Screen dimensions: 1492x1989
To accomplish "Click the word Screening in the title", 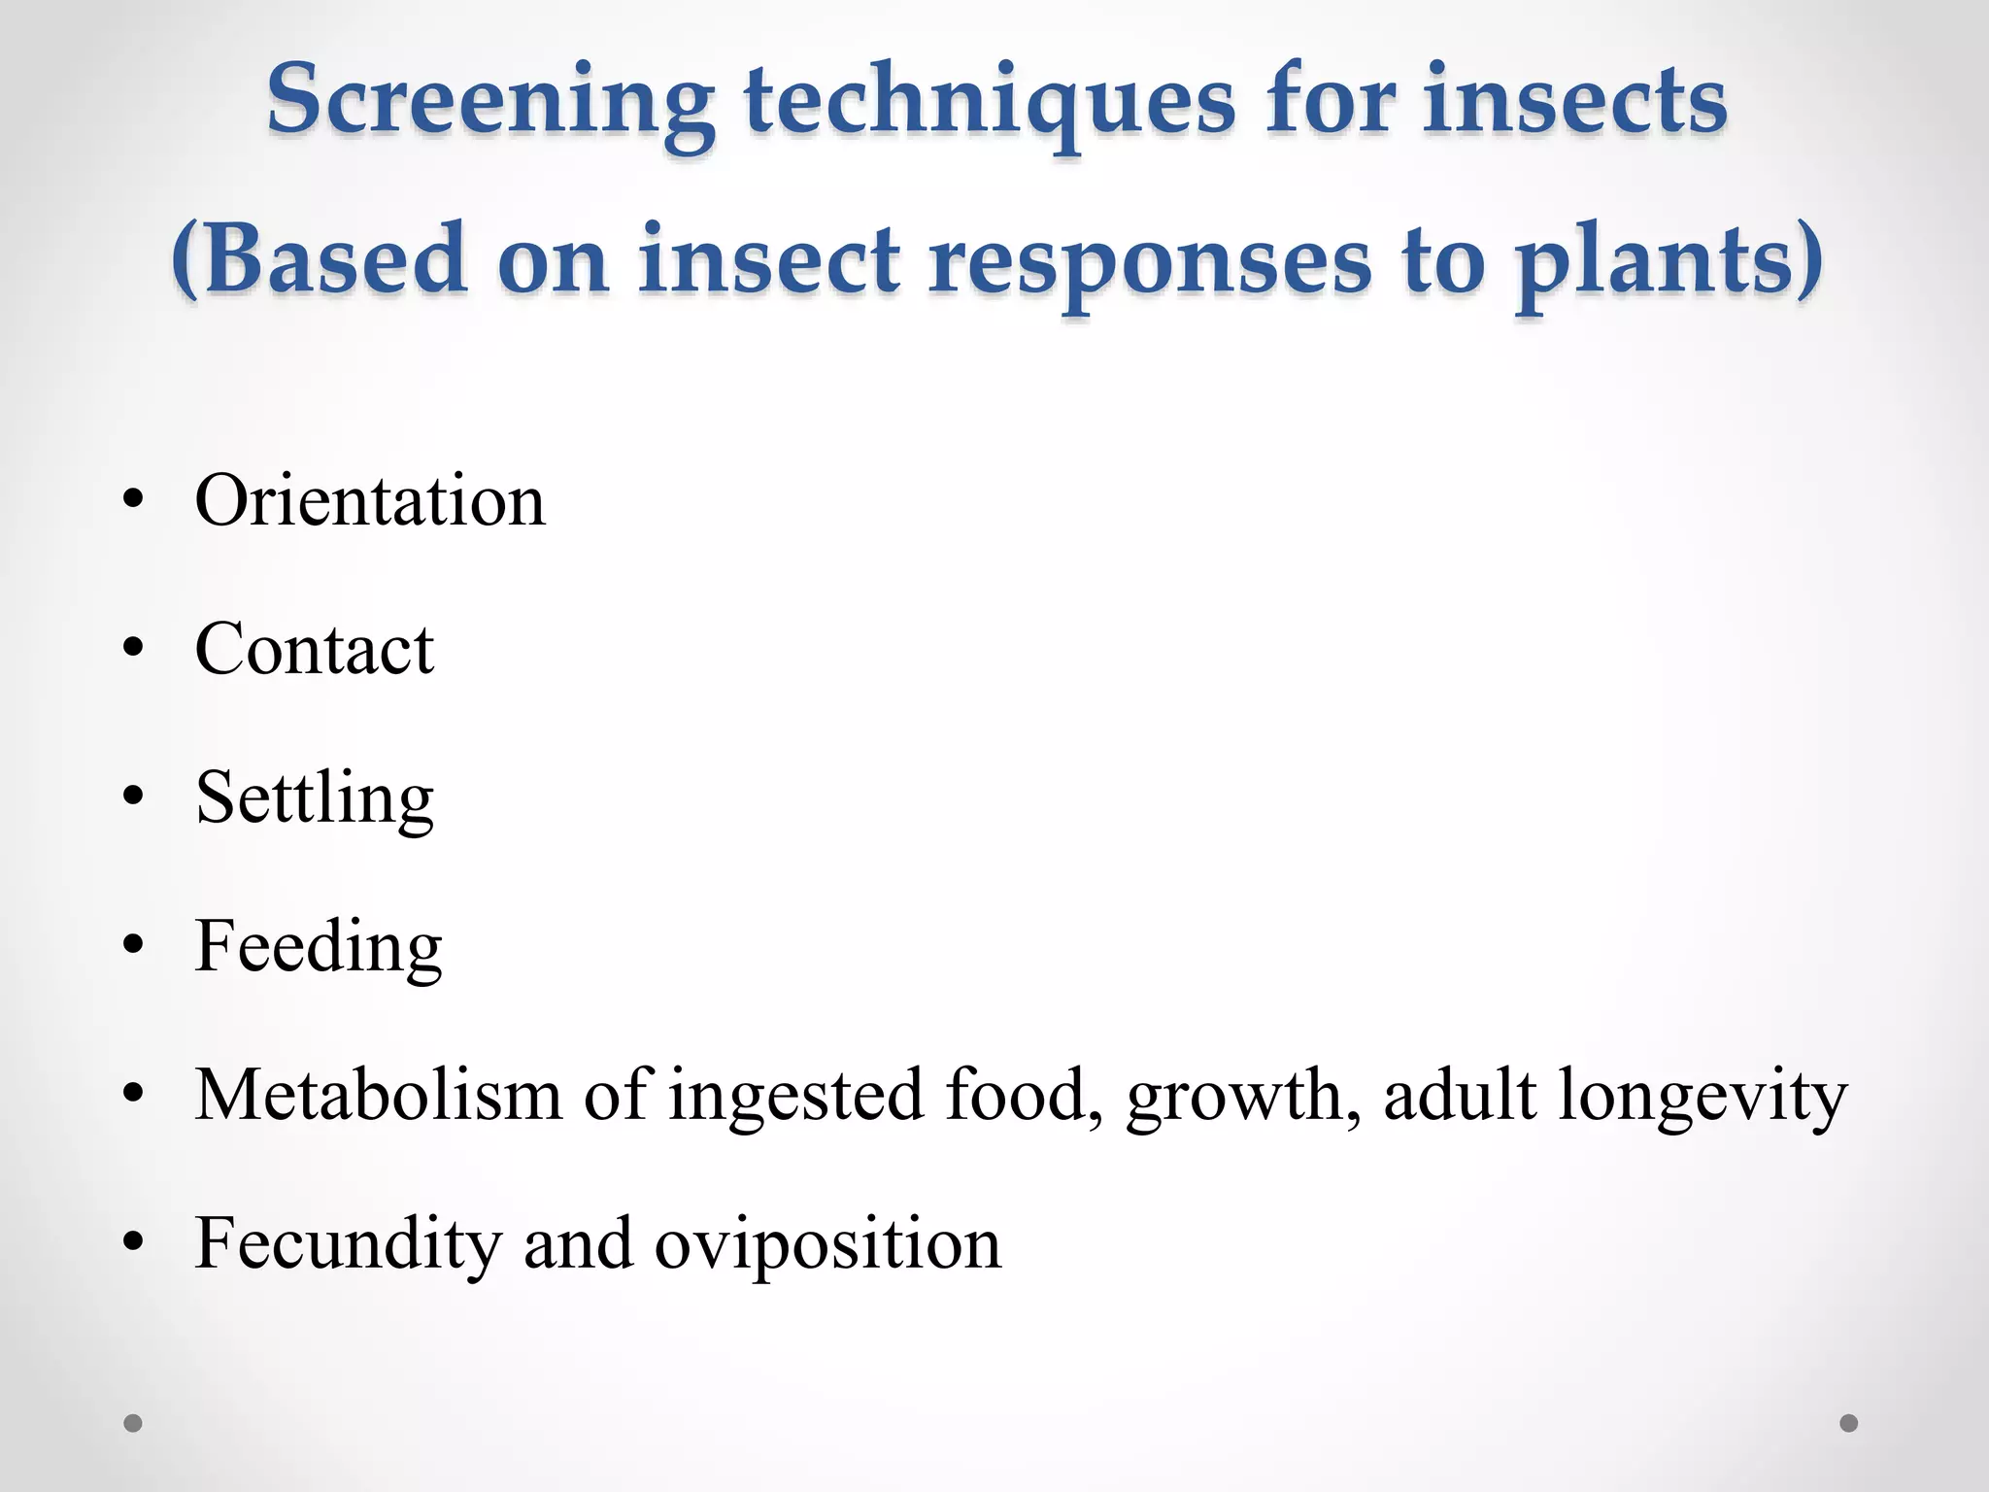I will (x=490, y=102).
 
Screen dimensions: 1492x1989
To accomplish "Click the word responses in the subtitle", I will (x=1150, y=262).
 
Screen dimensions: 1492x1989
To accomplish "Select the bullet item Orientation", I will (x=370, y=501).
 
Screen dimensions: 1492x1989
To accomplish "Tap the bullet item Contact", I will (x=314, y=649).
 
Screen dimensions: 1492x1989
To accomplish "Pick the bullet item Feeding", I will (x=319, y=947).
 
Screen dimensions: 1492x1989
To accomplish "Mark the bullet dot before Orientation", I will (x=133, y=501).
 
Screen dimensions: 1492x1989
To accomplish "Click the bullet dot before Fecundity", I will (x=133, y=1242).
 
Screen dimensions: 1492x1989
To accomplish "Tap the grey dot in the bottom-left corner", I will (x=133, y=1423).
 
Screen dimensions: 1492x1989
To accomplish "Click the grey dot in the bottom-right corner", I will (x=1849, y=1423).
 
